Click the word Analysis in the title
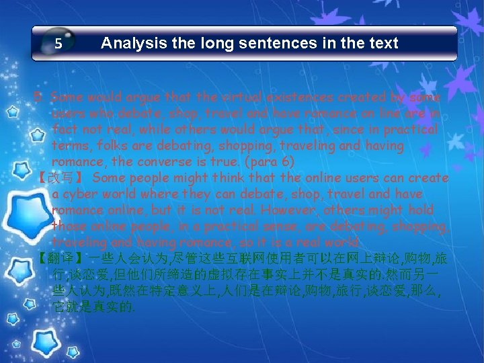pyautogui.click(x=132, y=44)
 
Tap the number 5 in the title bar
pyautogui.click(x=58, y=44)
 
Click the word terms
pyautogui.click(x=70, y=145)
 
